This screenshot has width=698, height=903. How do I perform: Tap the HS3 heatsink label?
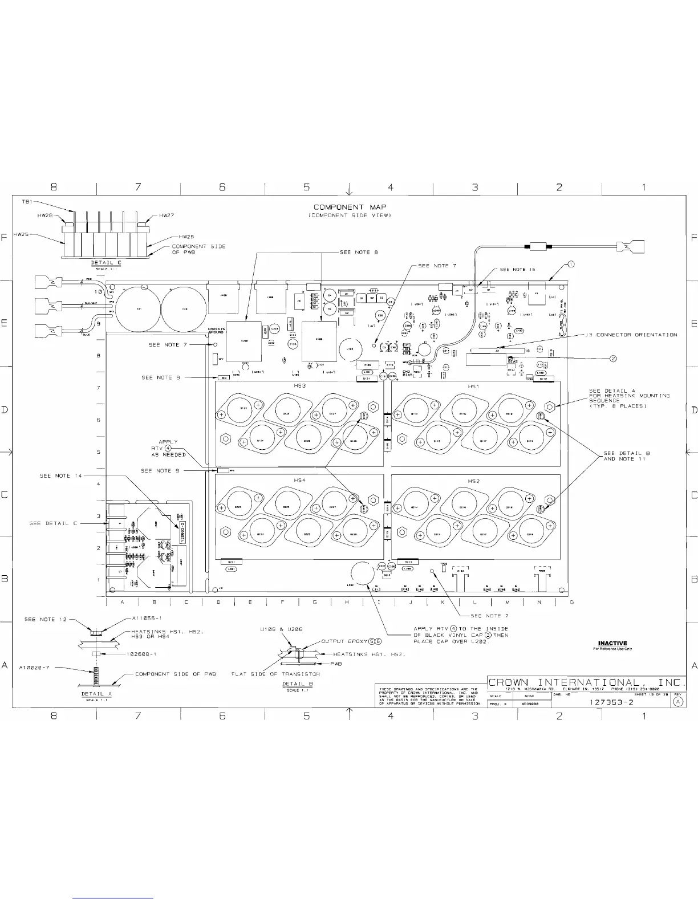[x=300, y=386]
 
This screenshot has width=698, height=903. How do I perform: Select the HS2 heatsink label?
[x=473, y=481]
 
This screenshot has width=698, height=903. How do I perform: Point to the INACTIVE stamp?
[x=612, y=644]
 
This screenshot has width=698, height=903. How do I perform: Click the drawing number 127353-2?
[x=611, y=702]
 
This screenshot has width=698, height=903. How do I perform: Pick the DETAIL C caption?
[x=106, y=263]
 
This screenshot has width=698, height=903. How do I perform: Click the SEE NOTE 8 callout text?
[x=355, y=252]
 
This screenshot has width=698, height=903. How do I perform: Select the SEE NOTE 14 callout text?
[x=61, y=475]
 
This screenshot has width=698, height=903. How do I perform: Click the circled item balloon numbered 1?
[x=571, y=264]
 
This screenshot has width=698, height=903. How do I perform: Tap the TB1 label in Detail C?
[x=27, y=202]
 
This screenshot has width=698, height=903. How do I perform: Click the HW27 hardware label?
[x=167, y=215]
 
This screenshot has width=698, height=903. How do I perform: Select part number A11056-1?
[x=147, y=618]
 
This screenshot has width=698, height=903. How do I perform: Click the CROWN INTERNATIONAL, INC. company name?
[x=586, y=682]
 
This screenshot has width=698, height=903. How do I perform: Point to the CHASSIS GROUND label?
[x=216, y=330]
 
